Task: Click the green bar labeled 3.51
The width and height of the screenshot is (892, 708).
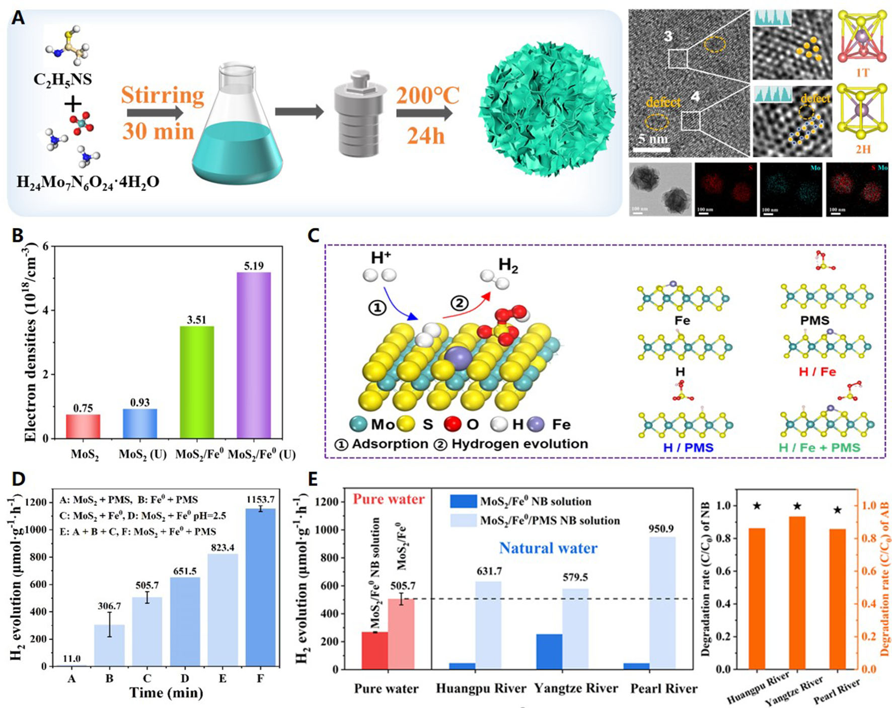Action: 197,382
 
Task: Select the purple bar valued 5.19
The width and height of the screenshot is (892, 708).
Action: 254,355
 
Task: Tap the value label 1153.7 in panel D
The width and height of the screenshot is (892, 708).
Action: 260,499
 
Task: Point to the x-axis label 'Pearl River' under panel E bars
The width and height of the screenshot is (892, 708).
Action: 663,688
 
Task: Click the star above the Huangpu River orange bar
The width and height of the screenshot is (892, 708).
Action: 757,506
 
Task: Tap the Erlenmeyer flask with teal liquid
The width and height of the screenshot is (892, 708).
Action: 237,126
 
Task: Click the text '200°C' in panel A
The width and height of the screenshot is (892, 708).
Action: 428,96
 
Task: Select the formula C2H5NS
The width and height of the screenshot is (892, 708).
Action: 62,80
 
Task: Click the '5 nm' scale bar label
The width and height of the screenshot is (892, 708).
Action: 653,138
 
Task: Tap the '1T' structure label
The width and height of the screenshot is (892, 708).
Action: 862,73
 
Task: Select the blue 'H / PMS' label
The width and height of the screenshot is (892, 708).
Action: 688,447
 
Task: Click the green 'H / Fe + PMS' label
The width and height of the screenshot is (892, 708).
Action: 820,447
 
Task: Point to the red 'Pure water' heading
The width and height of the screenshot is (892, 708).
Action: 389,499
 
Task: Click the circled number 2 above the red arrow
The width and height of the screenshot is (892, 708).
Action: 459,303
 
